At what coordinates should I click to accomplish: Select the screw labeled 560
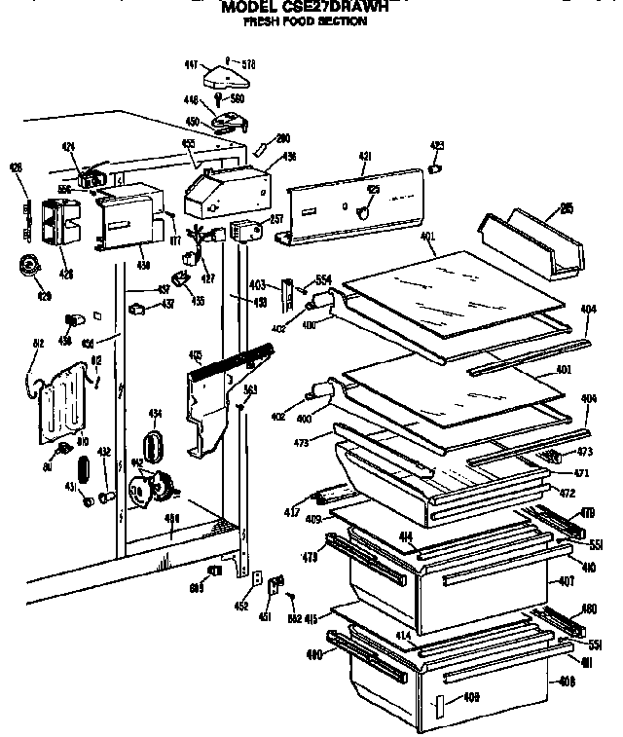pyautogui.click(x=221, y=99)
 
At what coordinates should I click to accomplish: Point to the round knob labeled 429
pyautogui.click(x=31, y=264)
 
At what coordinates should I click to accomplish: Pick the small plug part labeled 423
pyautogui.click(x=435, y=167)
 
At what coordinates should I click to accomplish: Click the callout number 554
pyautogui.click(x=324, y=280)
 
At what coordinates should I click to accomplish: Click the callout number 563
pyautogui.click(x=249, y=389)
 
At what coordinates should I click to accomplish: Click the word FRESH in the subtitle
pyautogui.click(x=262, y=20)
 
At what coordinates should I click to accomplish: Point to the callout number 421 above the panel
pyautogui.click(x=365, y=156)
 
